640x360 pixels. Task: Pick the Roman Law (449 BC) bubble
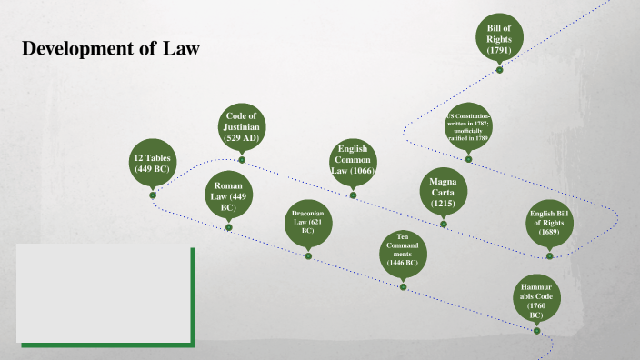point(228,195)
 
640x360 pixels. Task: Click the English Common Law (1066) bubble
point(352,161)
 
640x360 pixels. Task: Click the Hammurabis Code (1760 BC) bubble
point(535,297)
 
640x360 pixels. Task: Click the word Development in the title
point(78,49)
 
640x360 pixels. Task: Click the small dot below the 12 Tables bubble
point(153,195)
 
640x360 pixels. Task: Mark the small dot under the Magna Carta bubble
point(443,224)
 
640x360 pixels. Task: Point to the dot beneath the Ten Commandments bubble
point(402,286)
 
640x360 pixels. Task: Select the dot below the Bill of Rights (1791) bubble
point(500,69)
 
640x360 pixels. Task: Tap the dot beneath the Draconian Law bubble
point(308,255)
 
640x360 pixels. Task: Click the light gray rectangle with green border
point(104,294)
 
